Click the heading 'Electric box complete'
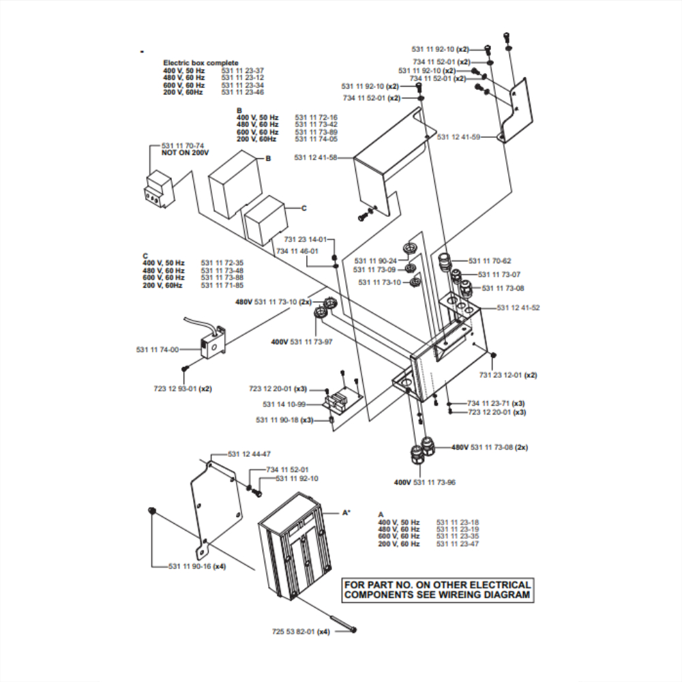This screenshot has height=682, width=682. [201, 63]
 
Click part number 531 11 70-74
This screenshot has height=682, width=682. [183, 146]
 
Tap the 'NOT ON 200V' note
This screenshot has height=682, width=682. [185, 153]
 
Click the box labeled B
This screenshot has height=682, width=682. [235, 184]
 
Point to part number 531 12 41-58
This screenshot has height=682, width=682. [316, 158]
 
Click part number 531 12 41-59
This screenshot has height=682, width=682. [458, 137]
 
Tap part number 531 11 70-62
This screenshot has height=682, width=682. [490, 261]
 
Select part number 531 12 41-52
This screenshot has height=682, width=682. [518, 308]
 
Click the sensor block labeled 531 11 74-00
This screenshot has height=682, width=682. [213, 342]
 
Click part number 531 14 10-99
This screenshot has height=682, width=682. [284, 404]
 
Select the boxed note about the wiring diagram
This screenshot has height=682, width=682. [438, 590]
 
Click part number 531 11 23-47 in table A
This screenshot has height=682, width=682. [458, 544]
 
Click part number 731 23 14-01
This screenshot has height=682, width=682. [306, 239]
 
